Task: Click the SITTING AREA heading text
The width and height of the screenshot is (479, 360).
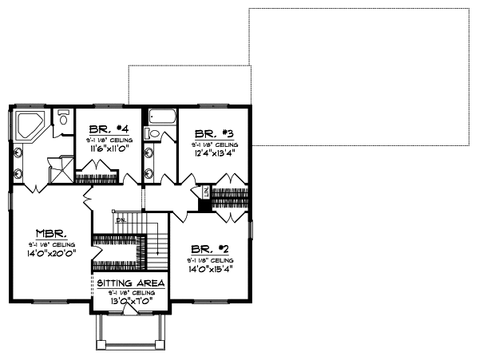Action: pyautogui.click(x=131, y=283)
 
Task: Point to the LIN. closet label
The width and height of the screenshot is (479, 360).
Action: pyautogui.click(x=205, y=192)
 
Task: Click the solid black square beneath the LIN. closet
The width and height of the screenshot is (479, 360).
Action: pyautogui.click(x=205, y=205)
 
